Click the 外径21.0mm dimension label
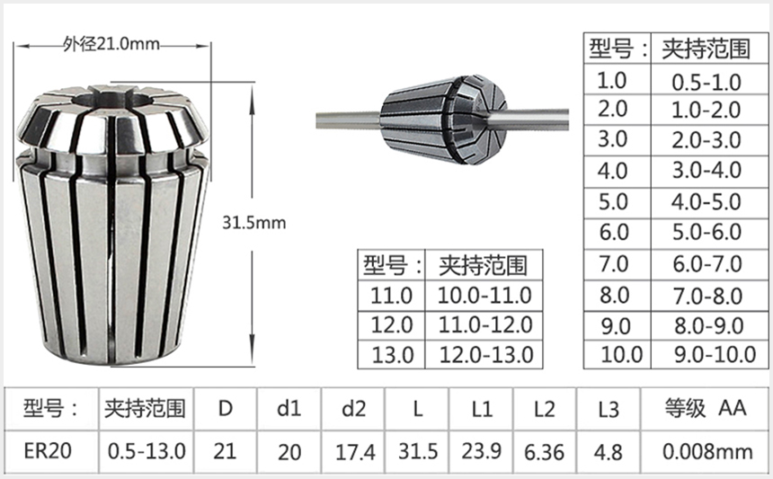coord(112,42)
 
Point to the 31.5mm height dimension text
coord(257,222)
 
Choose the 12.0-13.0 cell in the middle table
coord(484,354)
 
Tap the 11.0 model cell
coord(391,295)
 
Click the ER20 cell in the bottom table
coord(47,449)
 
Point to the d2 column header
coord(354,409)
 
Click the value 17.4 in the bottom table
coord(354,449)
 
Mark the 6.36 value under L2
coord(544,449)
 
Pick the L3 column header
coord(609,409)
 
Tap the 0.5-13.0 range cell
coord(146,449)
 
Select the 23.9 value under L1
coord(482,449)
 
